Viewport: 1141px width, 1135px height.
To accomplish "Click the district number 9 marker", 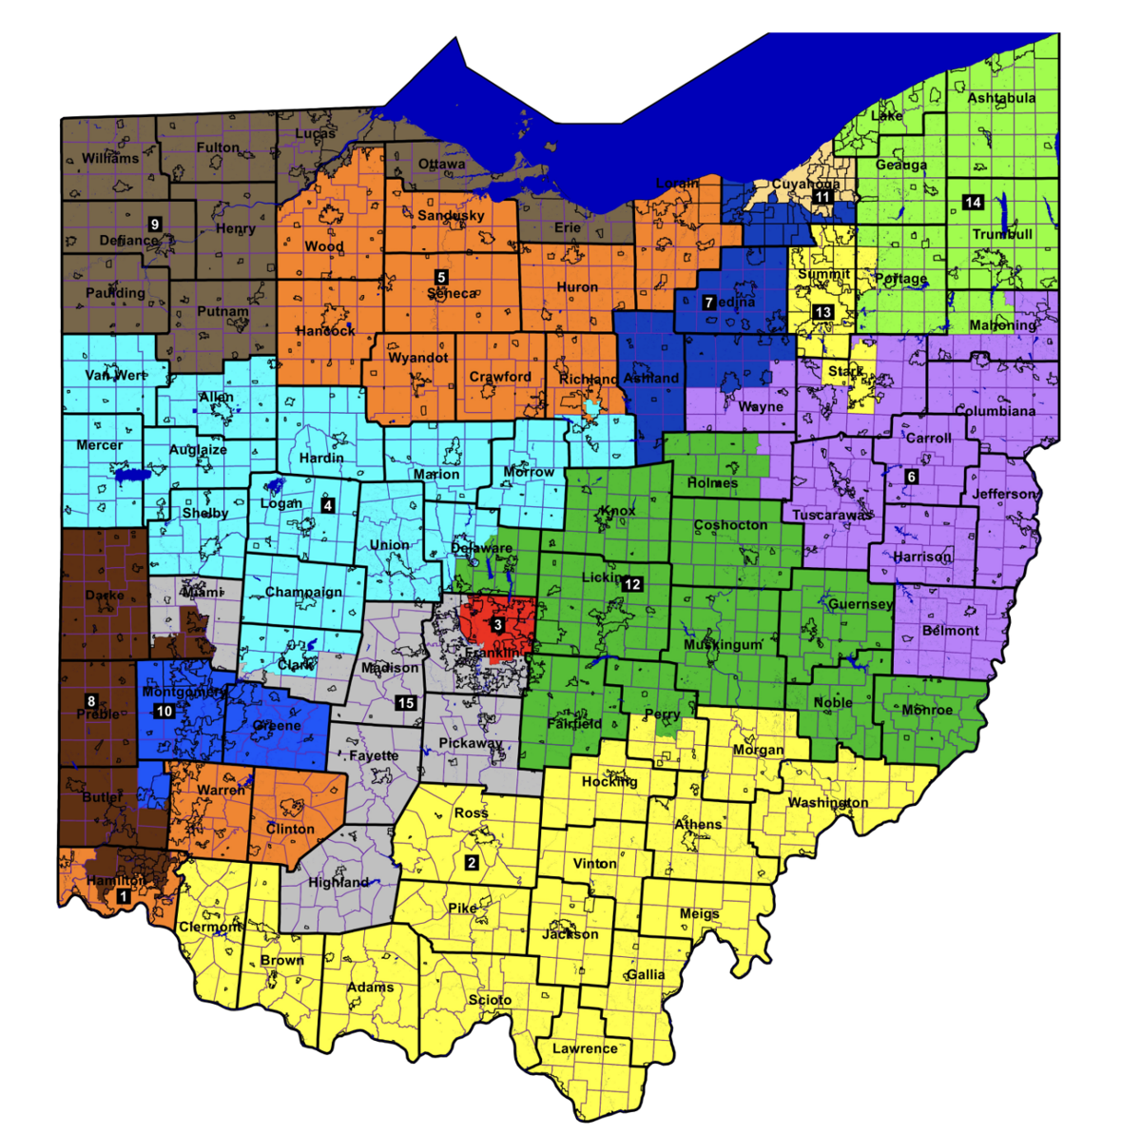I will [x=154, y=225].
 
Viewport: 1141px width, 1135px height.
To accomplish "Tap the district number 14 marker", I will [x=972, y=202].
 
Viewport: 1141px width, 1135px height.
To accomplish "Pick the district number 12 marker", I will [x=633, y=584].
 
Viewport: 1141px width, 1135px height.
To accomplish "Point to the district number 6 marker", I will [x=911, y=476].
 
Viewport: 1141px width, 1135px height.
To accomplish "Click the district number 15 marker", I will [x=405, y=702].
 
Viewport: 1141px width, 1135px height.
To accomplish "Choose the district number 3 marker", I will [x=497, y=625].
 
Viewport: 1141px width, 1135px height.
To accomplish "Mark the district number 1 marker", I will [x=122, y=896].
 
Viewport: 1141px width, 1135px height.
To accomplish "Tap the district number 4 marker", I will [x=327, y=505].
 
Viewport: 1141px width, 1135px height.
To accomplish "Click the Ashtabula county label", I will [x=1001, y=98].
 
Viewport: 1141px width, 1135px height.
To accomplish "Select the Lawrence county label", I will [x=585, y=1048].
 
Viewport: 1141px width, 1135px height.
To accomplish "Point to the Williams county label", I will [x=110, y=158].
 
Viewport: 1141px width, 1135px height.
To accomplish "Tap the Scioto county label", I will [x=490, y=1000].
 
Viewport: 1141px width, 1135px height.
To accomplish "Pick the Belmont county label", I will [x=950, y=630].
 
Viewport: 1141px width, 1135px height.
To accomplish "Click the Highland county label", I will [x=338, y=882].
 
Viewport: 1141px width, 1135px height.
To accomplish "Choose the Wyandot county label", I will [x=417, y=358].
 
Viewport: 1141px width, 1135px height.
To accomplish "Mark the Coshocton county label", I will [x=730, y=524].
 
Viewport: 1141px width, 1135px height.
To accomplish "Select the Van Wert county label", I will [x=116, y=375].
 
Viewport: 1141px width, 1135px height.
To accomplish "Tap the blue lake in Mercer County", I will [x=129, y=473].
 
